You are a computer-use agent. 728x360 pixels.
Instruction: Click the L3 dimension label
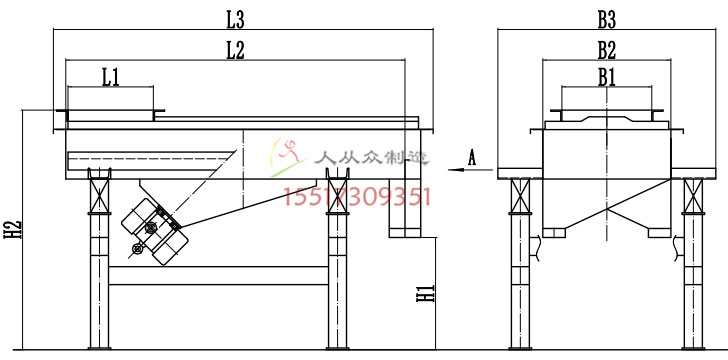pyautogui.click(x=235, y=20)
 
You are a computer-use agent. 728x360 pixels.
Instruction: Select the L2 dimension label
pyautogui.click(x=235, y=51)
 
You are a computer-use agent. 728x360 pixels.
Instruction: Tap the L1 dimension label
pyautogui.click(x=111, y=78)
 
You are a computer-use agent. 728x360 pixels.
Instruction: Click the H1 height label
pyautogui.click(x=425, y=294)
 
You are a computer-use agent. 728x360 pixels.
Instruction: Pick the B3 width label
pyautogui.click(x=607, y=20)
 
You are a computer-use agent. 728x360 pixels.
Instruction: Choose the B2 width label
pyautogui.click(x=607, y=51)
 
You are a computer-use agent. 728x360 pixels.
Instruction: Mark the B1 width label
pyautogui.click(x=607, y=78)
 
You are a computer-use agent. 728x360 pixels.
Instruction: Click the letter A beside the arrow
pyautogui.click(x=472, y=158)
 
